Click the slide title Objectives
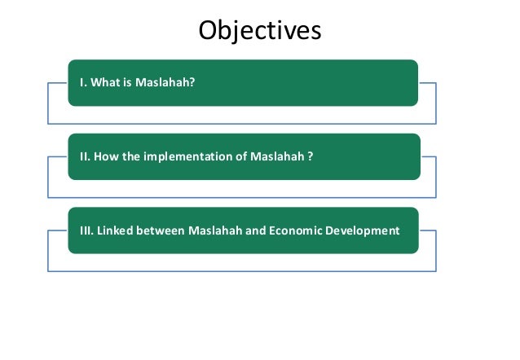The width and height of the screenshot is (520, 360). point(260,31)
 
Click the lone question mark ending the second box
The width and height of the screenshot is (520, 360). point(311,156)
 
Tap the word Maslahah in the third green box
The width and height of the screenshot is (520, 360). point(215,230)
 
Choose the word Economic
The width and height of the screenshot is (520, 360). point(296,230)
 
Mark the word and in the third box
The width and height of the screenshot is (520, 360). point(255,230)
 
